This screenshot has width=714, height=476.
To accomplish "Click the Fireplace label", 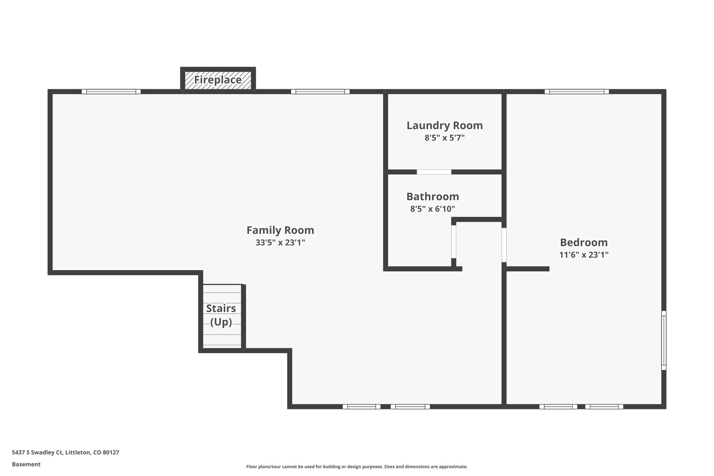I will pos(218,80).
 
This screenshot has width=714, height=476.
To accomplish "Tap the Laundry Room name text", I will pos(445,126).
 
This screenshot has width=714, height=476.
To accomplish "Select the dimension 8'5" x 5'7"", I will pos(445,138).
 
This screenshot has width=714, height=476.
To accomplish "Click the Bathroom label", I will pos(432,197).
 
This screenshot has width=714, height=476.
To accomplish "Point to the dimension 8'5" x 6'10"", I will pos(432,209).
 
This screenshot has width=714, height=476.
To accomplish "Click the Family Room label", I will pos(280,230).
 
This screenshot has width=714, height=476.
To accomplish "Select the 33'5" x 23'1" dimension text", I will pos(280,243).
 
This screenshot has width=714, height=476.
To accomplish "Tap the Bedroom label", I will pos(584,242).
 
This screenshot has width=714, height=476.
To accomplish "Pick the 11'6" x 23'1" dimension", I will pos(584,255).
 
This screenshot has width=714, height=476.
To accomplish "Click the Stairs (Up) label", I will pos(221,315).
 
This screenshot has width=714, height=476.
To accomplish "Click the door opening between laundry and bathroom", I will pos(434,172).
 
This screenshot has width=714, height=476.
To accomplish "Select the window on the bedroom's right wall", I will pos(663,340).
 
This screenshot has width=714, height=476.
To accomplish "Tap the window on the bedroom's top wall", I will pos(577,92).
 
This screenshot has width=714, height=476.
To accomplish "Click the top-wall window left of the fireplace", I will pos(111,92).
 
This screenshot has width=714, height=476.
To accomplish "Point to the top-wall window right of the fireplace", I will pos(320,92).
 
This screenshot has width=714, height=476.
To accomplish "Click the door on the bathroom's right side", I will pos(454,242).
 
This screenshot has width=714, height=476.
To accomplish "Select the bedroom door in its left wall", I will pos(504,245).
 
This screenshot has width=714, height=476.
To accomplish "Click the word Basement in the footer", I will pos(26,464).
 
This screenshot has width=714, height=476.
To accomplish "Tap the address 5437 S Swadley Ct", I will pos(66,452).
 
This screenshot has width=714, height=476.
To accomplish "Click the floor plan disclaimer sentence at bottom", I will pos(357,467).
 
